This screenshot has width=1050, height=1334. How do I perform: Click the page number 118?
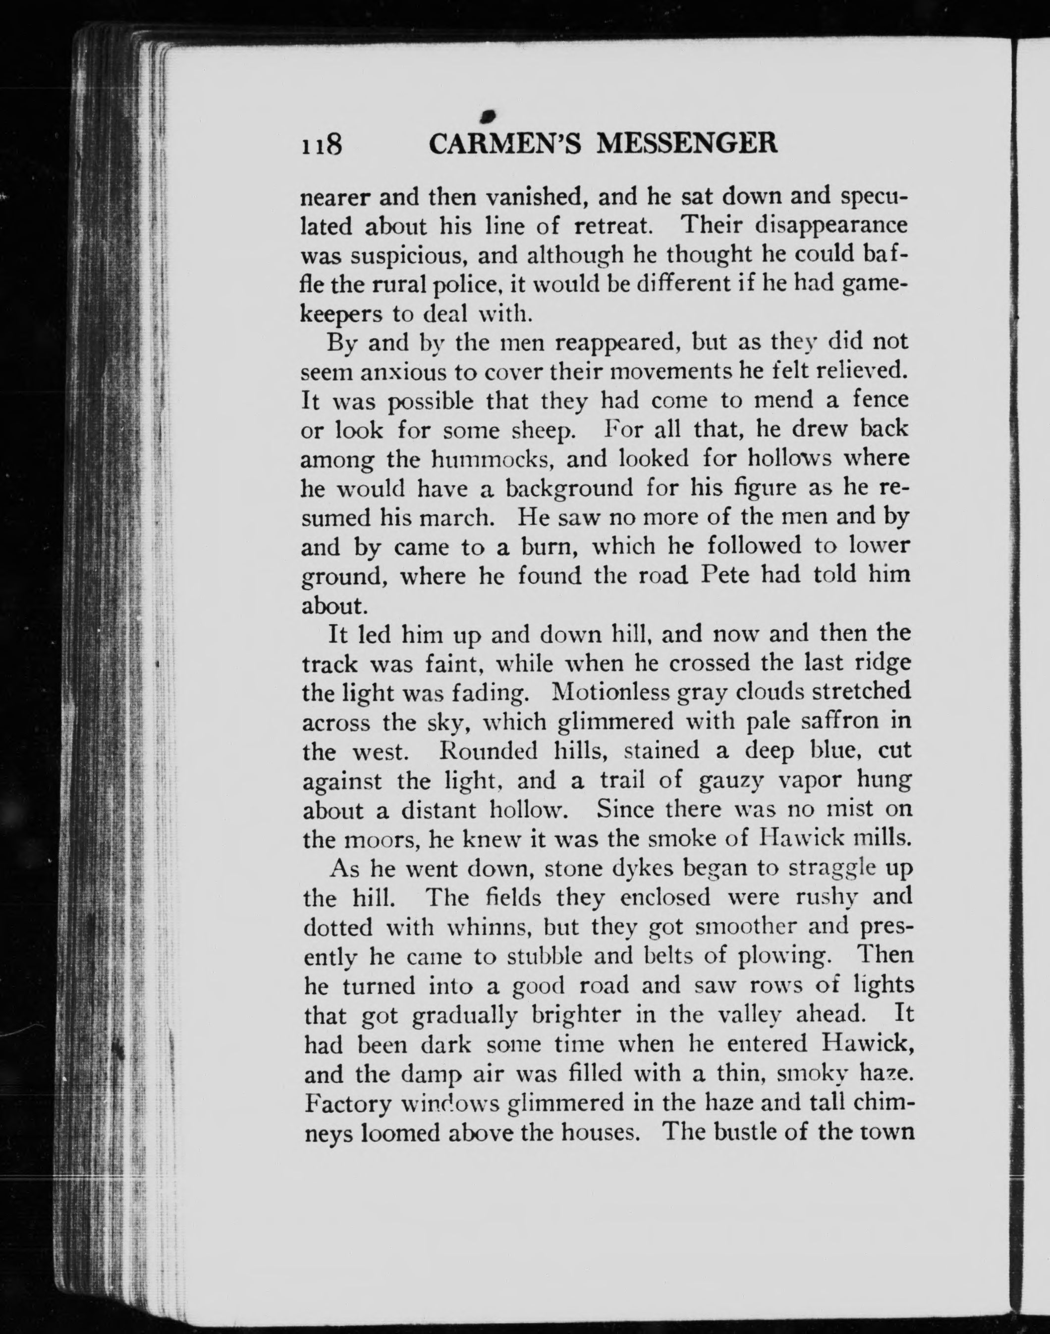tap(321, 145)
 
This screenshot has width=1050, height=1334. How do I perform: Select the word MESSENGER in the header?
tap(687, 144)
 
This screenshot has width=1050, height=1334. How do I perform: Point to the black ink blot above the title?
tap(490, 114)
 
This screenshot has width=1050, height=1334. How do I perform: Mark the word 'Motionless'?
tap(609, 692)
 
